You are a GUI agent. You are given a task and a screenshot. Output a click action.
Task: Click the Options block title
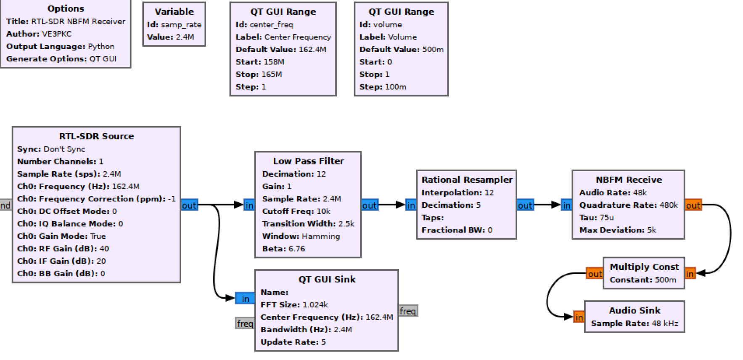(x=66, y=8)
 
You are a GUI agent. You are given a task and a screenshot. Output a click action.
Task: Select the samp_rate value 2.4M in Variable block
(x=185, y=37)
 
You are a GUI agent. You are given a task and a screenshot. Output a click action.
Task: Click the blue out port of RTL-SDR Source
(x=189, y=205)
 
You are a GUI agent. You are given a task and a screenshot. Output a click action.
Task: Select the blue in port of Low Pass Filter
(x=249, y=205)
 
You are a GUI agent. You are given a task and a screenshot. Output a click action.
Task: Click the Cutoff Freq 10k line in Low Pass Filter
(x=296, y=211)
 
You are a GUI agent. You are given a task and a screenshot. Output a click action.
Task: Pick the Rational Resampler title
(x=467, y=180)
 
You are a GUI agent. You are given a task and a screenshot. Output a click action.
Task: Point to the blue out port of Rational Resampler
(x=525, y=205)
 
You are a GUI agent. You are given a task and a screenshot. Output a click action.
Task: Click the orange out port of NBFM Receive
(x=693, y=205)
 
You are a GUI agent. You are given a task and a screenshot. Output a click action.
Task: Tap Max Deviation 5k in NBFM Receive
(x=617, y=230)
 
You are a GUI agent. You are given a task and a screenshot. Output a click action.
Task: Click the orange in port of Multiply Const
(x=690, y=274)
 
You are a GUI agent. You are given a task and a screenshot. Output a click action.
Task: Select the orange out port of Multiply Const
(x=595, y=274)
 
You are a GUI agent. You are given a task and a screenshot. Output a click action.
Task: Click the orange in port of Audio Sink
(x=579, y=317)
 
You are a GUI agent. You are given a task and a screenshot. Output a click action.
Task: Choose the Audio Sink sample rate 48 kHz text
(x=665, y=323)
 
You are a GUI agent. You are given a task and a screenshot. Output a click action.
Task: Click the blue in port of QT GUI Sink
(x=245, y=299)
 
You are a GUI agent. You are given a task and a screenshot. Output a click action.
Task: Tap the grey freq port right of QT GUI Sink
(x=407, y=311)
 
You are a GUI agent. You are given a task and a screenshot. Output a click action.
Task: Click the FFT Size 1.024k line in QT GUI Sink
(x=294, y=304)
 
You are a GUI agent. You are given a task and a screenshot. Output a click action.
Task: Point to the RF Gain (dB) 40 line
(x=63, y=249)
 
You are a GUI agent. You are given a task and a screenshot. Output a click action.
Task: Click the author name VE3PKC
(x=57, y=34)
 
